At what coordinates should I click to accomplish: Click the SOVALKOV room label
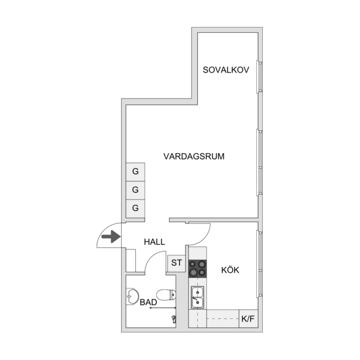pyautogui.click(x=226, y=70)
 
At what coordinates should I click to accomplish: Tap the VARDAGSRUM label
pyautogui.click(x=194, y=156)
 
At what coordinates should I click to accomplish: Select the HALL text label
pyautogui.click(x=155, y=242)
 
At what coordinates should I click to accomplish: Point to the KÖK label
pyautogui.click(x=230, y=270)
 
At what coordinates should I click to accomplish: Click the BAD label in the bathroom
pyautogui.click(x=148, y=302)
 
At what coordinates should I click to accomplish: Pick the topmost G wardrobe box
pyautogui.click(x=135, y=172)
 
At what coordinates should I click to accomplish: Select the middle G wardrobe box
pyautogui.click(x=135, y=190)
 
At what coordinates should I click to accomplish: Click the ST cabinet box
pyautogui.click(x=176, y=263)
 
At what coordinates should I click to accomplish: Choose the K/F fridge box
pyautogui.click(x=248, y=318)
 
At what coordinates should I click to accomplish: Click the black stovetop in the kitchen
pyautogui.click(x=197, y=269)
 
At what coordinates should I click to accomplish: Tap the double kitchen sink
pyautogui.click(x=197, y=297)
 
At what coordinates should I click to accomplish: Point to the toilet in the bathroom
pyautogui.click(x=166, y=295)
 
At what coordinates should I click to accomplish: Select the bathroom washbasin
pyautogui.click(x=132, y=296)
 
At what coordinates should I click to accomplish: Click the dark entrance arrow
pyautogui.click(x=111, y=236)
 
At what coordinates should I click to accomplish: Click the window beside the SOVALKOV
pyautogui.click(x=260, y=77)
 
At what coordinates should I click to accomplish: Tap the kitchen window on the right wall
pyautogui.click(x=260, y=265)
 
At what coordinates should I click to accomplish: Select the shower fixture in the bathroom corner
pyautogui.click(x=174, y=318)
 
